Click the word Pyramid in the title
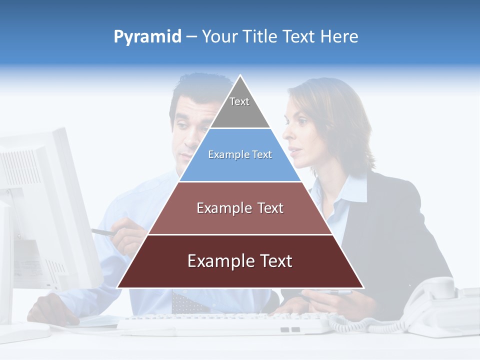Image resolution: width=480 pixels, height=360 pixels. click(x=147, y=37)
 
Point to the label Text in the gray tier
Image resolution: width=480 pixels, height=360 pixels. click(x=239, y=101)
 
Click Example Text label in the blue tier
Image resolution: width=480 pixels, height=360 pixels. click(x=240, y=154)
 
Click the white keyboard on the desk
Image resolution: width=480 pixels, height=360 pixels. click(x=225, y=323)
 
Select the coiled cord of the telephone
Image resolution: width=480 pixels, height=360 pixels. click(x=360, y=325)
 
